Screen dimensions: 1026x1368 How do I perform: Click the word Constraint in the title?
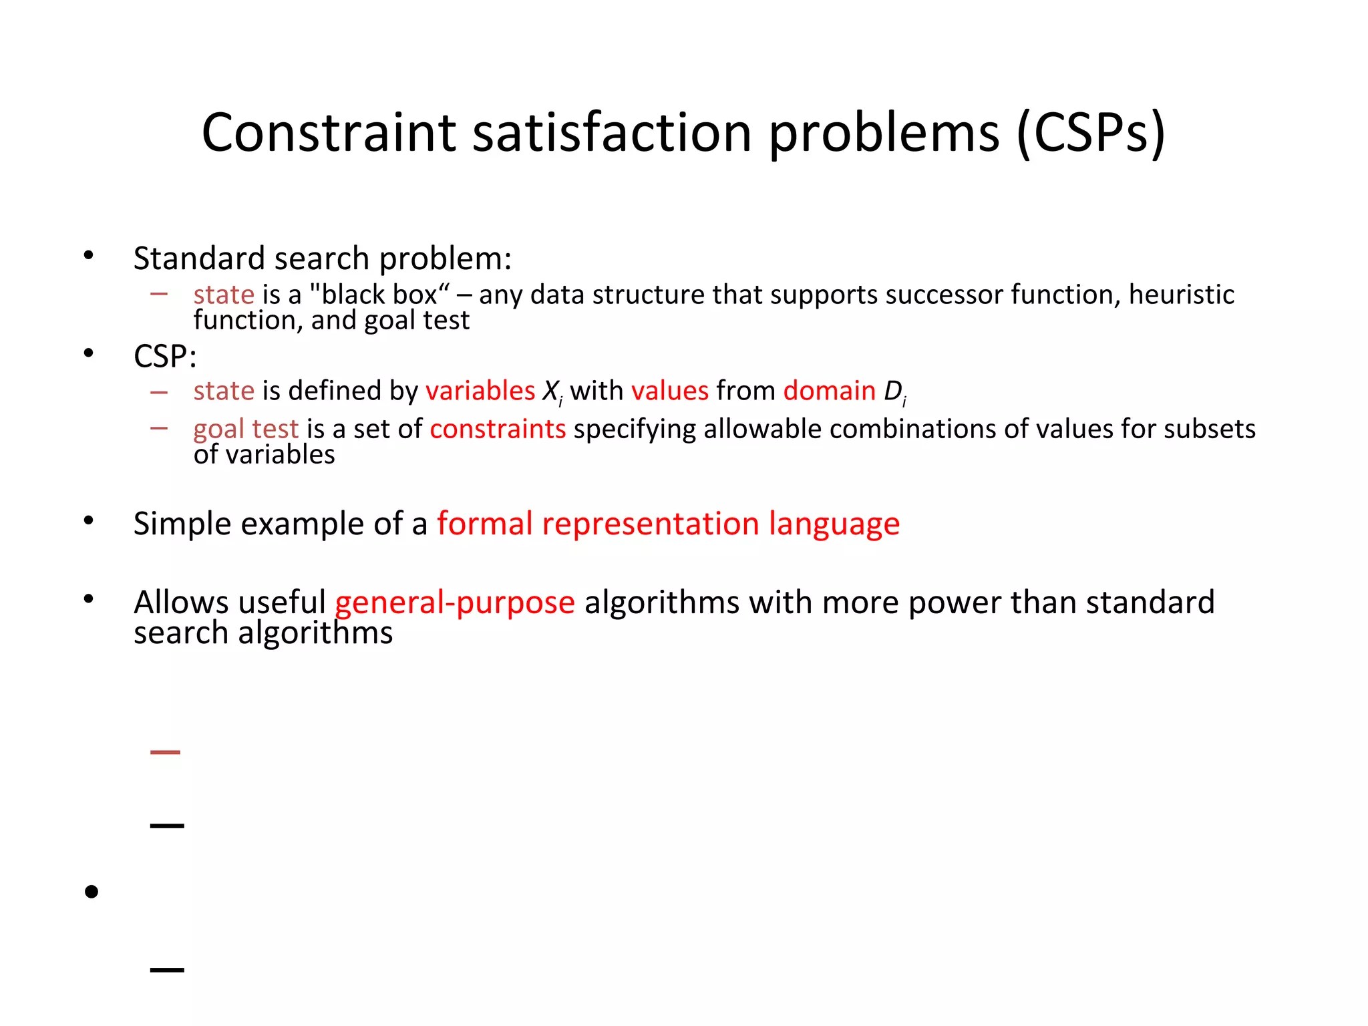pos(329,132)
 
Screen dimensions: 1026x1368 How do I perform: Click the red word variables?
pos(480,391)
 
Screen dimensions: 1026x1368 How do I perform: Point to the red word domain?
pos(829,391)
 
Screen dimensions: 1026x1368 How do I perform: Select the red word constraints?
pos(498,429)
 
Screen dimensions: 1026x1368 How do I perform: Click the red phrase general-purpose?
pos(454,603)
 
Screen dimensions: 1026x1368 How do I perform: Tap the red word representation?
pos(650,524)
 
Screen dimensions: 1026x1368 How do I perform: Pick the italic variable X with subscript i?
pos(552,392)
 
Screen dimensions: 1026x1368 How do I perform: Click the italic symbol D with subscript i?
pos(894,392)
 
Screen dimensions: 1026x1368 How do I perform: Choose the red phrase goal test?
pos(246,430)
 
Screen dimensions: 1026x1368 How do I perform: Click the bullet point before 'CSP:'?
pos(89,353)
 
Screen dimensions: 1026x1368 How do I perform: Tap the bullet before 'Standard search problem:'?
pos(89,255)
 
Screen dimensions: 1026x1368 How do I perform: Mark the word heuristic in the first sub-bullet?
pos(1181,295)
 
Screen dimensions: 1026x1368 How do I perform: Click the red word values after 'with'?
pos(669,391)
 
